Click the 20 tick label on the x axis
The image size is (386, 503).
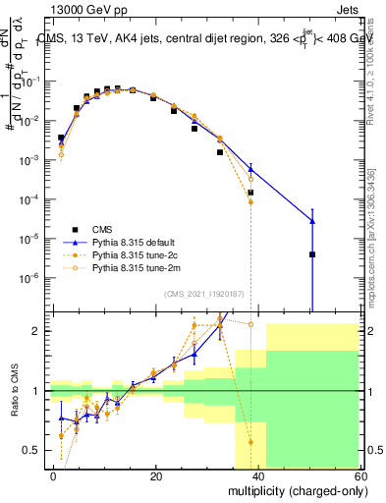point(156,475)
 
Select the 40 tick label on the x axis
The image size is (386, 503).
point(259,475)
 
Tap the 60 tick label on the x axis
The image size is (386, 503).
point(361,475)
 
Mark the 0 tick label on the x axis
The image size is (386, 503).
point(54,475)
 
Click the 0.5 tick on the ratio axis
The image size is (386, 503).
point(31,450)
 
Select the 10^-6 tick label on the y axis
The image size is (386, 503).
point(29,277)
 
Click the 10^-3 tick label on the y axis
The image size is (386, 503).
point(29,160)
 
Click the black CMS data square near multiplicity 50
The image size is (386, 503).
point(311,254)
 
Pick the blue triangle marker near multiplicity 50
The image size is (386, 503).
point(311,221)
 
